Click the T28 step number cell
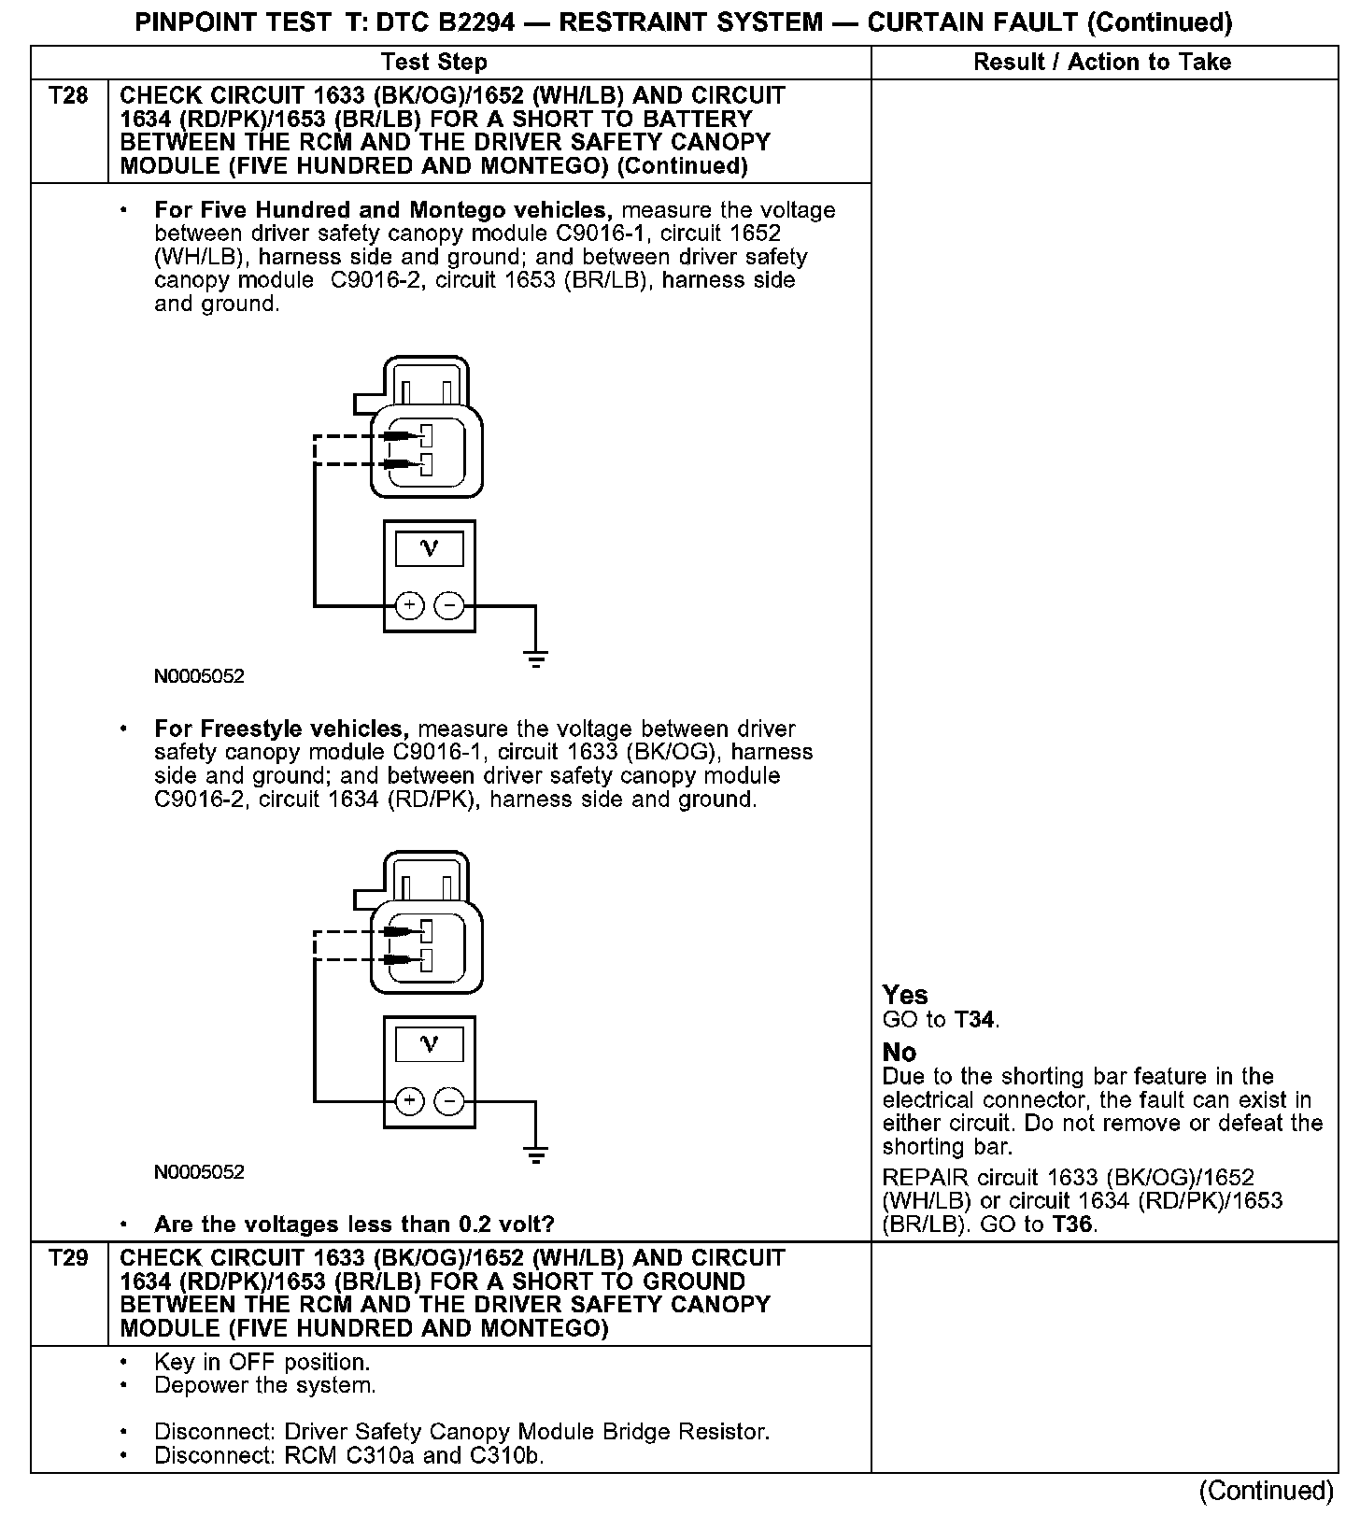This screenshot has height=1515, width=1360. click(68, 97)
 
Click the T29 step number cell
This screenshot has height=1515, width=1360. click(68, 1259)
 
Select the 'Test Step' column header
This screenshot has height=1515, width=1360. click(434, 63)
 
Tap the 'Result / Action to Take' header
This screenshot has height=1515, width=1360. click(1102, 63)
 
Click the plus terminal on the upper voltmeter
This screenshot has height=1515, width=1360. click(409, 606)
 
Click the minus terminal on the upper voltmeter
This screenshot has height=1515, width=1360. click(449, 606)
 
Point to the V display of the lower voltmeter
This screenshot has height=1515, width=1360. click(430, 1044)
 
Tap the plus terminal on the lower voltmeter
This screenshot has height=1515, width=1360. click(409, 1102)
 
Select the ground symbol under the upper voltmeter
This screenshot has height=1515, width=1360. click(536, 659)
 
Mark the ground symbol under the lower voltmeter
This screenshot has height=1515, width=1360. click(536, 1155)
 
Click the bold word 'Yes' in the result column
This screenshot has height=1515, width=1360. click(905, 995)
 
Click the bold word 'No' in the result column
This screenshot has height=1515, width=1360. click(900, 1052)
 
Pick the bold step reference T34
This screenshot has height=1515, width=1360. click(975, 1020)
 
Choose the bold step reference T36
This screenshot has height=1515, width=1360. click(1071, 1225)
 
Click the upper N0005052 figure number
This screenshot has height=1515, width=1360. click(199, 676)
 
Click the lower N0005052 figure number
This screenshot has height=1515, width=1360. click(199, 1172)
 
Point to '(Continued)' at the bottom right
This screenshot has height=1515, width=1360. click(1267, 1490)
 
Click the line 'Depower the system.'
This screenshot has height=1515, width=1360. click(265, 1385)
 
